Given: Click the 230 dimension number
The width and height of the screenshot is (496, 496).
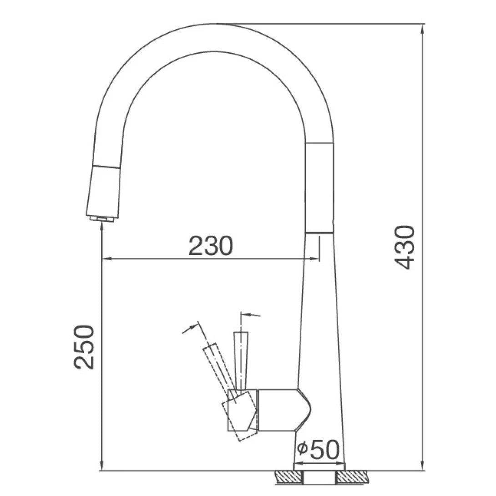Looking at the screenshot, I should pyautogui.click(x=211, y=246).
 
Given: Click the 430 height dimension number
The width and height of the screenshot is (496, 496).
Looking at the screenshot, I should pyautogui.click(x=404, y=246).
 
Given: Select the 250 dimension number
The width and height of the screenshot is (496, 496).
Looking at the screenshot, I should pyautogui.click(x=85, y=347).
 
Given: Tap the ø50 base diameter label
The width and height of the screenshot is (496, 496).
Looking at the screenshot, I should pyautogui.click(x=319, y=450).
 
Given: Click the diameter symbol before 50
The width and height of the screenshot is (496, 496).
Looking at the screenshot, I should pyautogui.click(x=302, y=450).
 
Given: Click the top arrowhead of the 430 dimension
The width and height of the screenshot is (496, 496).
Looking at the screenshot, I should pyautogui.click(x=423, y=28).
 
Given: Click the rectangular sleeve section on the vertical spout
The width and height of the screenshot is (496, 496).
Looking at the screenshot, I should pyautogui.click(x=319, y=187).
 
